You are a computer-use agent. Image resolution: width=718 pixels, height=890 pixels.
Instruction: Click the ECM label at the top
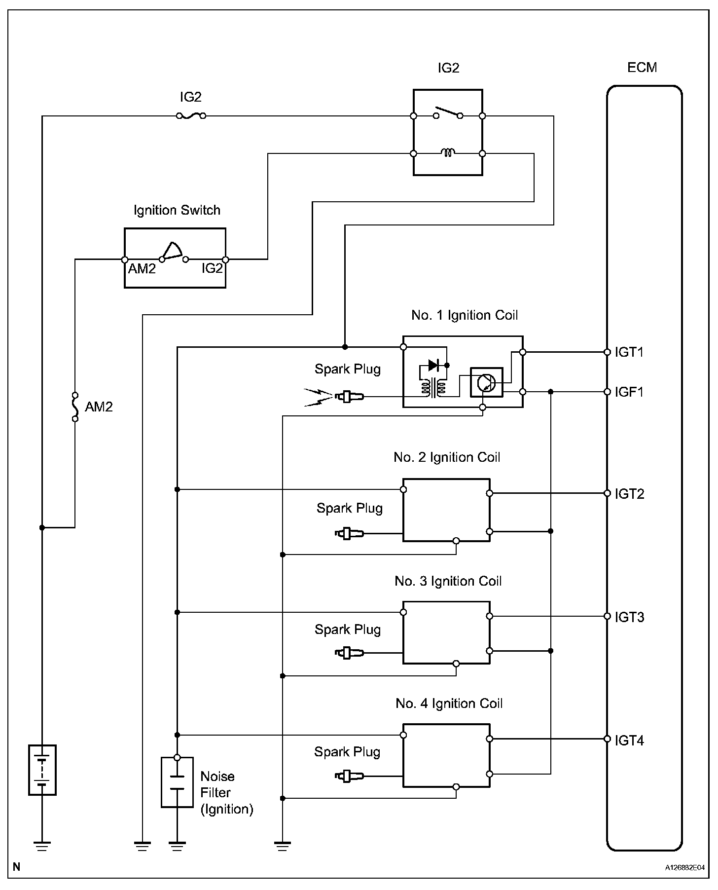pos(642,68)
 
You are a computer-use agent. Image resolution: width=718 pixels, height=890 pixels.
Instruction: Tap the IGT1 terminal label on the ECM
pos(629,352)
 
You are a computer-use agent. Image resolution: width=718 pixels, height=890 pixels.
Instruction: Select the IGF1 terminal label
pos(629,392)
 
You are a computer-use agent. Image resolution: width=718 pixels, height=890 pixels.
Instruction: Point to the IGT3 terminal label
pos(629,617)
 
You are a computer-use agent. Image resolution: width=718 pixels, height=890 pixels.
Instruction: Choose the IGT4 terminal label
pos(629,741)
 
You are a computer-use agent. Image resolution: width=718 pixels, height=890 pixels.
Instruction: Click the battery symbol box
pos(42,770)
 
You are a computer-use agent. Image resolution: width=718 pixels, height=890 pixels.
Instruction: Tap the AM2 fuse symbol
pos(75,407)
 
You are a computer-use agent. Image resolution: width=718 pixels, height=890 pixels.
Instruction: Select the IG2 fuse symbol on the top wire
pos(190,116)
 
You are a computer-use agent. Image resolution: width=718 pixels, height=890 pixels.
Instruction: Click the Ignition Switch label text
pos(177,210)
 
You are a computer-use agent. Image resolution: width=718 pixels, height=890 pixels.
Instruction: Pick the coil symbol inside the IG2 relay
pos(447,153)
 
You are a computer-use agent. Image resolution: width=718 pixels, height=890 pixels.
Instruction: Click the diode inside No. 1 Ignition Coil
pos(434,366)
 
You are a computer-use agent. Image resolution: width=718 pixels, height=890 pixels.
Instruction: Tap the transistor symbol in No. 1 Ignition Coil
pos(486,382)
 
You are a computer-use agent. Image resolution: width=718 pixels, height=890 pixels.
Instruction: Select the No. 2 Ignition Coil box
pos(446,510)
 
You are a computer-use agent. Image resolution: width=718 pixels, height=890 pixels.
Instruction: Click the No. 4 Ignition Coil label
pos(449,704)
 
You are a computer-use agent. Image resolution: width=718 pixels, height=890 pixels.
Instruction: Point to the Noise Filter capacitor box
pos(177,782)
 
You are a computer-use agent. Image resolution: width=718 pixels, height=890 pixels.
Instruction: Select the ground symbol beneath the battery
pos(42,847)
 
